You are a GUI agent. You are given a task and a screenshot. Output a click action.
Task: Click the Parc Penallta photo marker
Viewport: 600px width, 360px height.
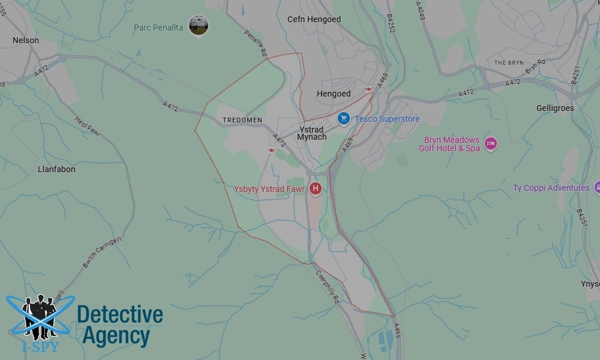198,25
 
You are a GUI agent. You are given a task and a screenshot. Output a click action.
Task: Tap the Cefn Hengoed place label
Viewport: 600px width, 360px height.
314,19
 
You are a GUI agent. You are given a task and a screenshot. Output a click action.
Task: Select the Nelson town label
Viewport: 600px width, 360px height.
26,40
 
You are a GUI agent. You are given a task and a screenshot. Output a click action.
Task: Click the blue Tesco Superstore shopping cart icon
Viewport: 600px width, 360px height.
343,118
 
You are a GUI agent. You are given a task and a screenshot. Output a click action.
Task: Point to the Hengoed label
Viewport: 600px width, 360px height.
334,94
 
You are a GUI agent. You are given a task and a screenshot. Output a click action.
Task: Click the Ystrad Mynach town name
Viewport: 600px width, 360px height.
312,133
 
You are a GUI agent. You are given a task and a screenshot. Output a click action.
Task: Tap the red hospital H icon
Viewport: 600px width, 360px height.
315,189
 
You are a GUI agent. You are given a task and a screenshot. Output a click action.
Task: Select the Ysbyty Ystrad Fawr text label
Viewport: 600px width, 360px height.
269,189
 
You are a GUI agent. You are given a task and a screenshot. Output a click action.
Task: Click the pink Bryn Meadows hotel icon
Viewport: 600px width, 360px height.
491,143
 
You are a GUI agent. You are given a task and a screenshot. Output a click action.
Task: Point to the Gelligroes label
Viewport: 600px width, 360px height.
555,108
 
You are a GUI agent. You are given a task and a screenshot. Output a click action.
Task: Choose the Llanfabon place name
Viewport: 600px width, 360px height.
56,169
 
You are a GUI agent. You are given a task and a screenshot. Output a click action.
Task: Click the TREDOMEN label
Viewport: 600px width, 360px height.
242,120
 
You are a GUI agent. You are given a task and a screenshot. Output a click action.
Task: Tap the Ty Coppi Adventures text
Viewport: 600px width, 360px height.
551,188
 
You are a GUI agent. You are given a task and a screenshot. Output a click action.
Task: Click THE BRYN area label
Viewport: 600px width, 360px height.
509,63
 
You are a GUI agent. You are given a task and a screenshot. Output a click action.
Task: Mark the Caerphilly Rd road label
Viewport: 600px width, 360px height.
328,287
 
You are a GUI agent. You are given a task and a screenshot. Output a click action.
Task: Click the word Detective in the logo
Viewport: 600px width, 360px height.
120,315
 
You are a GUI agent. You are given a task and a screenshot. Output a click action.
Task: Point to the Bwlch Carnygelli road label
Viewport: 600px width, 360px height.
94,252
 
